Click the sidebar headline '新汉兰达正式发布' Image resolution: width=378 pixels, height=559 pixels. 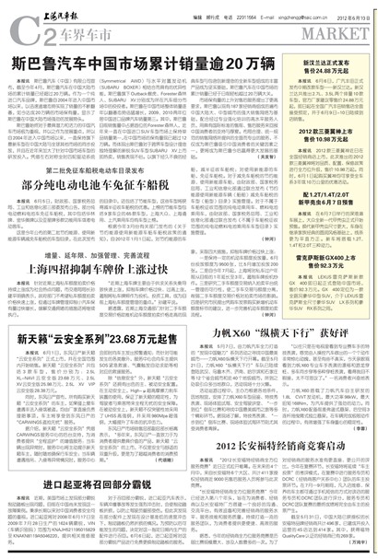coord(334,59)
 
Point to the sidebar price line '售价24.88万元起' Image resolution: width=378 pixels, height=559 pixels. coord(334,68)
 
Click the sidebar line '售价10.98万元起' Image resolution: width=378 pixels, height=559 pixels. coord(334,115)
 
